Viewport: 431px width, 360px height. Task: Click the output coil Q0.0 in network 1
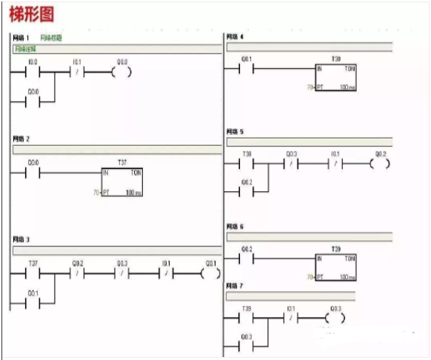pos(122,73)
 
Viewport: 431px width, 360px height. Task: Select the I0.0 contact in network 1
pos(32,73)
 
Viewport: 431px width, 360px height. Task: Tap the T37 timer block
pos(122,181)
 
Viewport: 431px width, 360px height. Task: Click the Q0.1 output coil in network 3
pos(210,273)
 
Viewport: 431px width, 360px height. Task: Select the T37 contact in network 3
pos(33,273)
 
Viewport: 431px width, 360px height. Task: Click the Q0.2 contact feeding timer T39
pos(247,259)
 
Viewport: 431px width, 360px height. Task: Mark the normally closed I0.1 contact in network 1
pos(76,73)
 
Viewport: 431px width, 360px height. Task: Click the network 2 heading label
pos(21,139)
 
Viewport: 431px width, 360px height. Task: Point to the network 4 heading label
pos(235,36)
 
